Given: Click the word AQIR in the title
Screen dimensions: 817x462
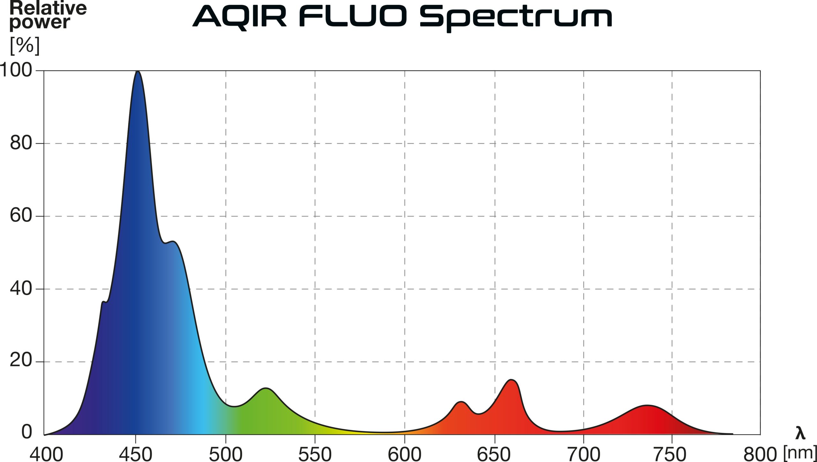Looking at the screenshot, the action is pos(240,18).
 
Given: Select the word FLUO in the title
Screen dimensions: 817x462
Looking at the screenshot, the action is pos(353,16).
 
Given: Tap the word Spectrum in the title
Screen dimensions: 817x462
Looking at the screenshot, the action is pos(516,19).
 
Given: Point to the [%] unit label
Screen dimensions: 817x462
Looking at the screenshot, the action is pos(25,46).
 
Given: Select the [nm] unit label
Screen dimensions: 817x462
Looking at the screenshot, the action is pos(800,452).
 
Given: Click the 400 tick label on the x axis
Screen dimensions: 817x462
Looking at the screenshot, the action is pos(46,454).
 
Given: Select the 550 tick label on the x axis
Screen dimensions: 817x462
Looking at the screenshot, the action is pos(315,454).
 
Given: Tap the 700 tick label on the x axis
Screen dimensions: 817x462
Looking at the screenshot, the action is pos(583,454).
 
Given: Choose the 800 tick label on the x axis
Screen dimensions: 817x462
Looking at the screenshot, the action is pos(760,454).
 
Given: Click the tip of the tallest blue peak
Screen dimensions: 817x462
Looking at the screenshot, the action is pos(138,71).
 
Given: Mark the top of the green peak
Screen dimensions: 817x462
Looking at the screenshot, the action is pos(265,388).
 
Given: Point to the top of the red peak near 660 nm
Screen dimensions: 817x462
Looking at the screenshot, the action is pos(511,379).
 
